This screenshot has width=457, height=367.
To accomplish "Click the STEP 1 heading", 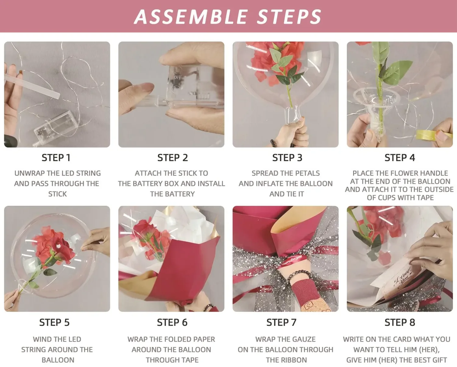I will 56,158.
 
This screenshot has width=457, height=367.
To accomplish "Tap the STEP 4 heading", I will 400,158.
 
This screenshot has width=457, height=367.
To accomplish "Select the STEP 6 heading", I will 172,322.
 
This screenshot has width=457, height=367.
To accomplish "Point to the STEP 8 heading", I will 400,322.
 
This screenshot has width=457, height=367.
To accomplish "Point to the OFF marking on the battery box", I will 178,77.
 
